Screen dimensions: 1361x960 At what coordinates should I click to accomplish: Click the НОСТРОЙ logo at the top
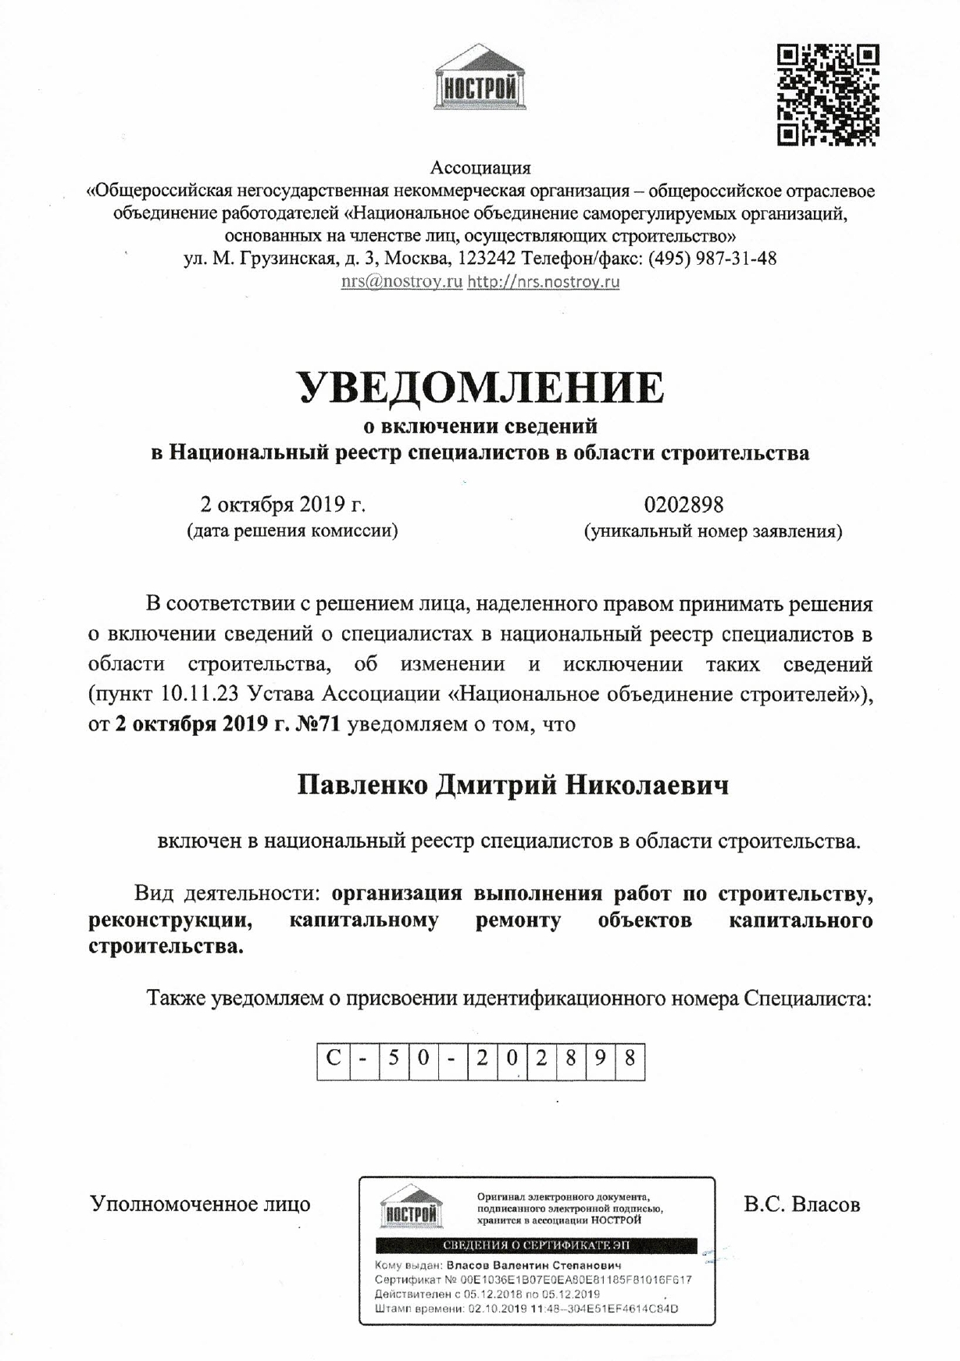[x=480, y=80]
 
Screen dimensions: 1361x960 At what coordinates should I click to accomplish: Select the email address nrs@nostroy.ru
[x=401, y=281]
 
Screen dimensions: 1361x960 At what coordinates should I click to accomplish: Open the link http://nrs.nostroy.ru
[x=544, y=281]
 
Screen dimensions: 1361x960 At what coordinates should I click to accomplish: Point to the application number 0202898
[x=683, y=504]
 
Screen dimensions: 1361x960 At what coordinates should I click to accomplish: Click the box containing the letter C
[x=334, y=1060]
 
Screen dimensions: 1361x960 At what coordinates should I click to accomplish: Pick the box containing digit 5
[x=393, y=1060]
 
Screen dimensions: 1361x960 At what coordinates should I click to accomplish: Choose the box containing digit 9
[x=600, y=1060]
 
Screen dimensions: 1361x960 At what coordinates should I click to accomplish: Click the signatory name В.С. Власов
[x=802, y=1204]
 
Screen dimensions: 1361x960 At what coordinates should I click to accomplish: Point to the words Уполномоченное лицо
[x=201, y=1204]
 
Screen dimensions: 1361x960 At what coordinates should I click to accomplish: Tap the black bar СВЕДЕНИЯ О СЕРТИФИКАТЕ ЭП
[x=536, y=1245]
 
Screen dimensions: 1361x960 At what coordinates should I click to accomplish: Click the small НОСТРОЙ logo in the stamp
[x=410, y=1208]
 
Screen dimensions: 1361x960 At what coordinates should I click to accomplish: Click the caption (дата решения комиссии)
[x=292, y=532]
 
